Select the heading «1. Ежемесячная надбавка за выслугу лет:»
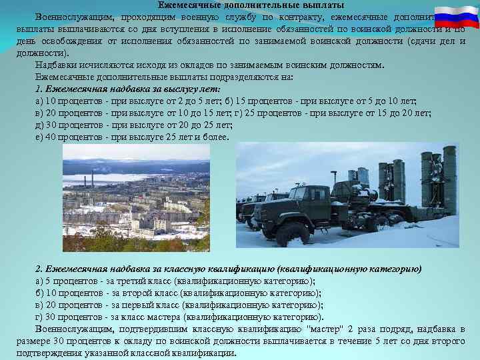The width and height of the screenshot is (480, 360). (x=128, y=89)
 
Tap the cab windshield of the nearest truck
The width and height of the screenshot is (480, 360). (x=298, y=195)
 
